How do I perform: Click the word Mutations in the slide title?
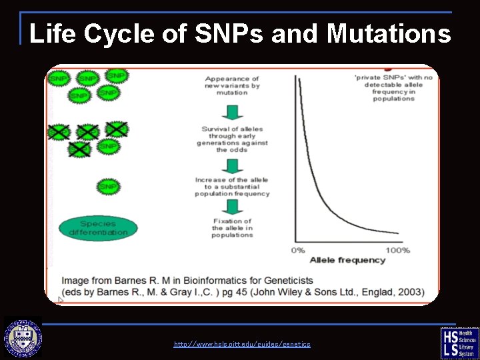389,33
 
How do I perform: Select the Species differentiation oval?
98,228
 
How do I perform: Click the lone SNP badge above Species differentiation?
107,187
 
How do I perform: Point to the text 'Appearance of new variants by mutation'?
232,86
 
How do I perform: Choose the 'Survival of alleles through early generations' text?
232,139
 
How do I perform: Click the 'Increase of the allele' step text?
232,187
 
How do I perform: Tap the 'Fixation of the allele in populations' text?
232,228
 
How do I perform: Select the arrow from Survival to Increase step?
232,164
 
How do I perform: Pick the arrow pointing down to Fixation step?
232,208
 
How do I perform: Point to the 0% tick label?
298,250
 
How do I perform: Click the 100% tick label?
398,250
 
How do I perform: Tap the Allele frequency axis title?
347,260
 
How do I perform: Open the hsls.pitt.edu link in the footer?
242,344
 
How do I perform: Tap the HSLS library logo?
459,343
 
